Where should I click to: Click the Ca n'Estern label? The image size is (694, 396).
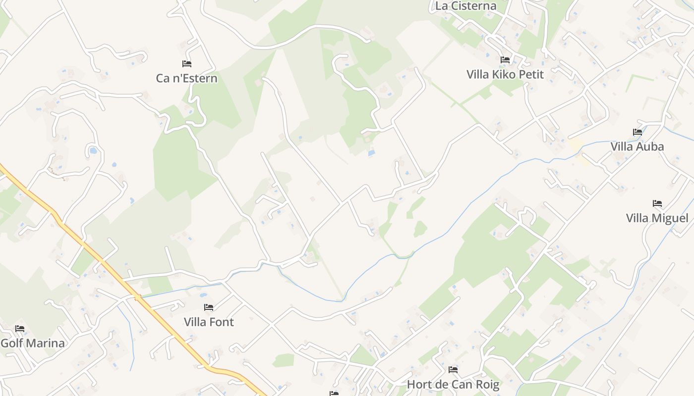pos(186,78)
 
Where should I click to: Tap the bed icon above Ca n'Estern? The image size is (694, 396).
pos(187,63)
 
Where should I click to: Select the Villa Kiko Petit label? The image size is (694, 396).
pos(505,75)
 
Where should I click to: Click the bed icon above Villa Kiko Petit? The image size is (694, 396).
pos(505,60)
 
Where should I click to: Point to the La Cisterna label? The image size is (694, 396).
pos(465,6)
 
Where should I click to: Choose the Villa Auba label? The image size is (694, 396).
pos(637,147)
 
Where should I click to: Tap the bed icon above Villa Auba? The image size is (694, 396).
pos(637,132)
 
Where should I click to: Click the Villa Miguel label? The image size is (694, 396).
pos(657,218)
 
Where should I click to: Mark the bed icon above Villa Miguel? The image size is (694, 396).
pos(657,203)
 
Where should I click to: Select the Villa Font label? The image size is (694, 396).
pos(209,322)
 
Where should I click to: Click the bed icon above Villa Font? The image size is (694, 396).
pos(209,307)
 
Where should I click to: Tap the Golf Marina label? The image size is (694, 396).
pos(32,343)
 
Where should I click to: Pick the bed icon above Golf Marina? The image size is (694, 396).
pos(20,329)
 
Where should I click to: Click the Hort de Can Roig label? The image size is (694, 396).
pos(453,384)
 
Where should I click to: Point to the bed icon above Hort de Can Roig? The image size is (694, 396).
pos(453,369)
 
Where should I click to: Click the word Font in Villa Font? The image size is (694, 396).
pos(221,322)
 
